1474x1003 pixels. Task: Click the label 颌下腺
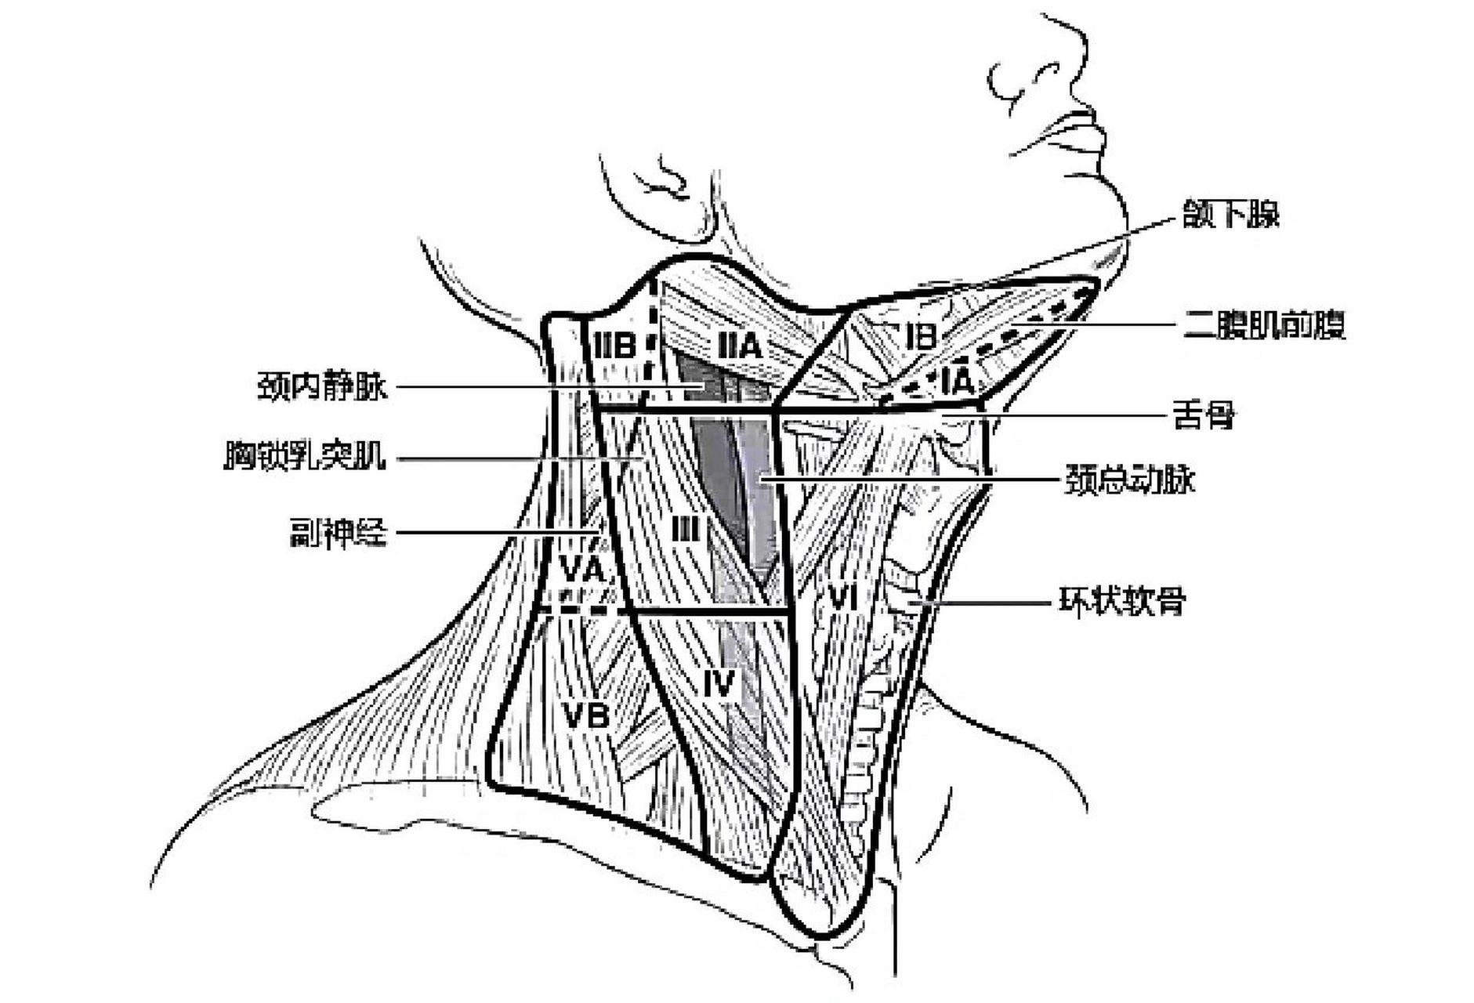click(x=1230, y=214)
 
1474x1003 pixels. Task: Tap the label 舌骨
click(x=1204, y=415)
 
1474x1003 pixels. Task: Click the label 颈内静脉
click(x=322, y=386)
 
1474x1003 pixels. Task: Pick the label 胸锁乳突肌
click(x=305, y=456)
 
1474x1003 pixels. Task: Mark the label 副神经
click(x=338, y=534)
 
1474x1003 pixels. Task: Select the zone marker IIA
click(x=739, y=345)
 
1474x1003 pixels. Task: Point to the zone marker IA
click(x=958, y=382)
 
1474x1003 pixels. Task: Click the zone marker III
click(x=685, y=530)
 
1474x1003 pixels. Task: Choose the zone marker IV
click(x=719, y=683)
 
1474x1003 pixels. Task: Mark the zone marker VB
click(x=586, y=715)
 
